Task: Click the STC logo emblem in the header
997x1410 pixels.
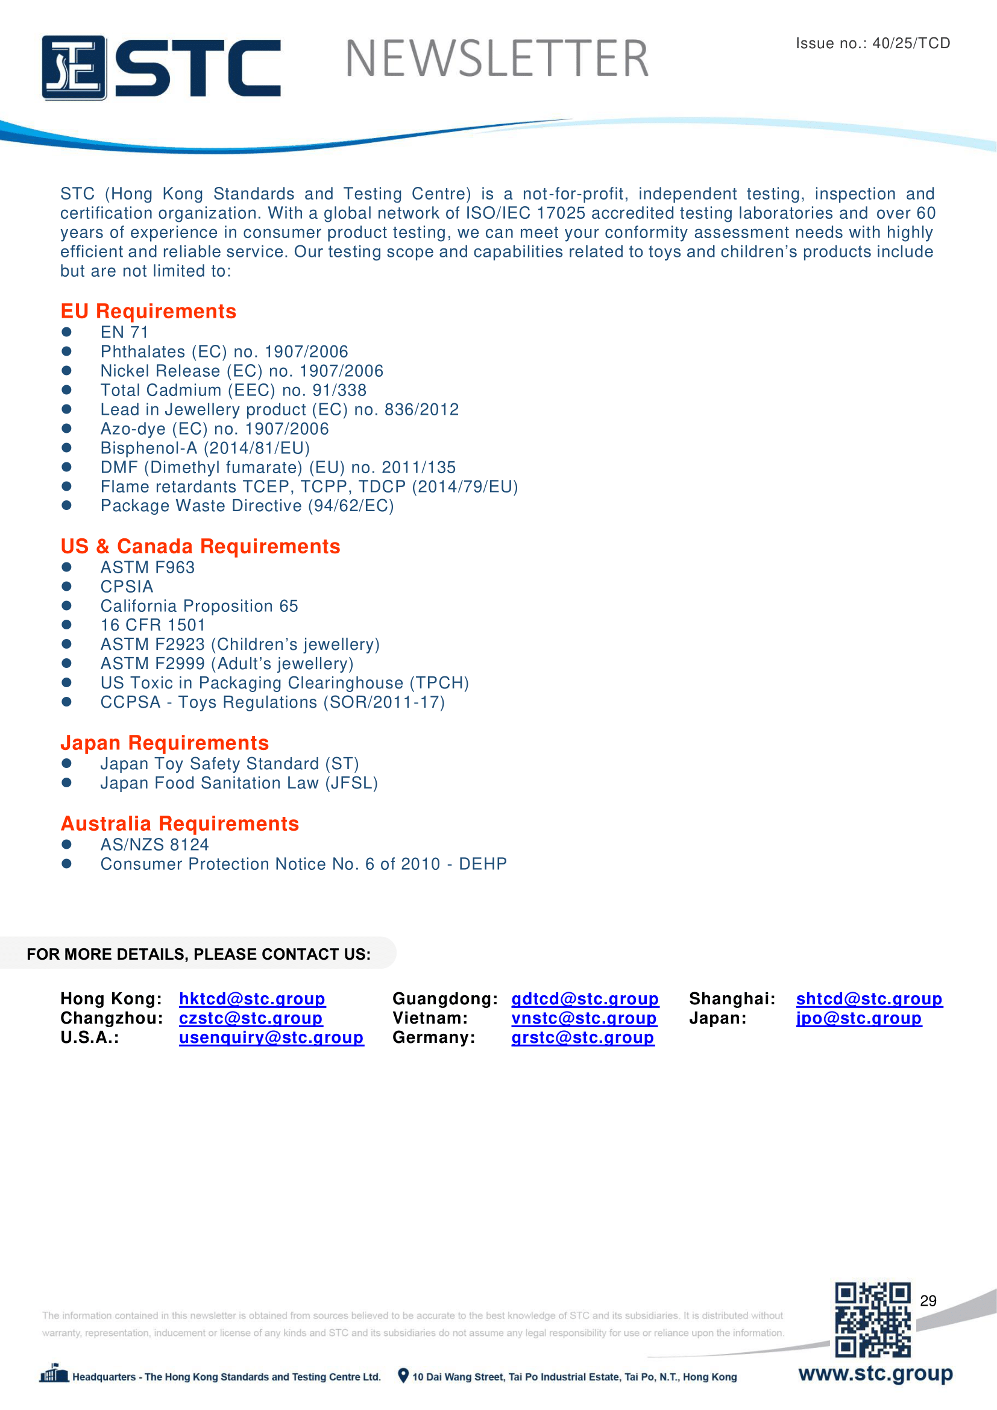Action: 74,67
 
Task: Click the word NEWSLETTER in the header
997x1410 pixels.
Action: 497,59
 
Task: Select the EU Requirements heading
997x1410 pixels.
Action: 148,311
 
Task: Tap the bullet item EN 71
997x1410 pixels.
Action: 124,332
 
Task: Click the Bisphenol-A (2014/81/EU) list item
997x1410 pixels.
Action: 205,448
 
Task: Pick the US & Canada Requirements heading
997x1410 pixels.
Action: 200,546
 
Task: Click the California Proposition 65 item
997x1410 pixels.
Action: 199,605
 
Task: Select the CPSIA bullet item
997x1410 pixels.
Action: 127,587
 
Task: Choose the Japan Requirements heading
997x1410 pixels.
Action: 165,743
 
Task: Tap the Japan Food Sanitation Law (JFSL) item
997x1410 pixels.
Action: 239,783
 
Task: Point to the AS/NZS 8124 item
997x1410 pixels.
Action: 155,845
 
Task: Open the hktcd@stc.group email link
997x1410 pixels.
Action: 252,998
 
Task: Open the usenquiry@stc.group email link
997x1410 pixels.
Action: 271,1037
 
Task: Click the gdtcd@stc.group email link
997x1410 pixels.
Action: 585,998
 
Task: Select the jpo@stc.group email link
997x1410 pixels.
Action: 858,1018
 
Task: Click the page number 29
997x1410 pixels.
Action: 928,1301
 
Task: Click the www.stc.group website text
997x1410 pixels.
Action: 875,1373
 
